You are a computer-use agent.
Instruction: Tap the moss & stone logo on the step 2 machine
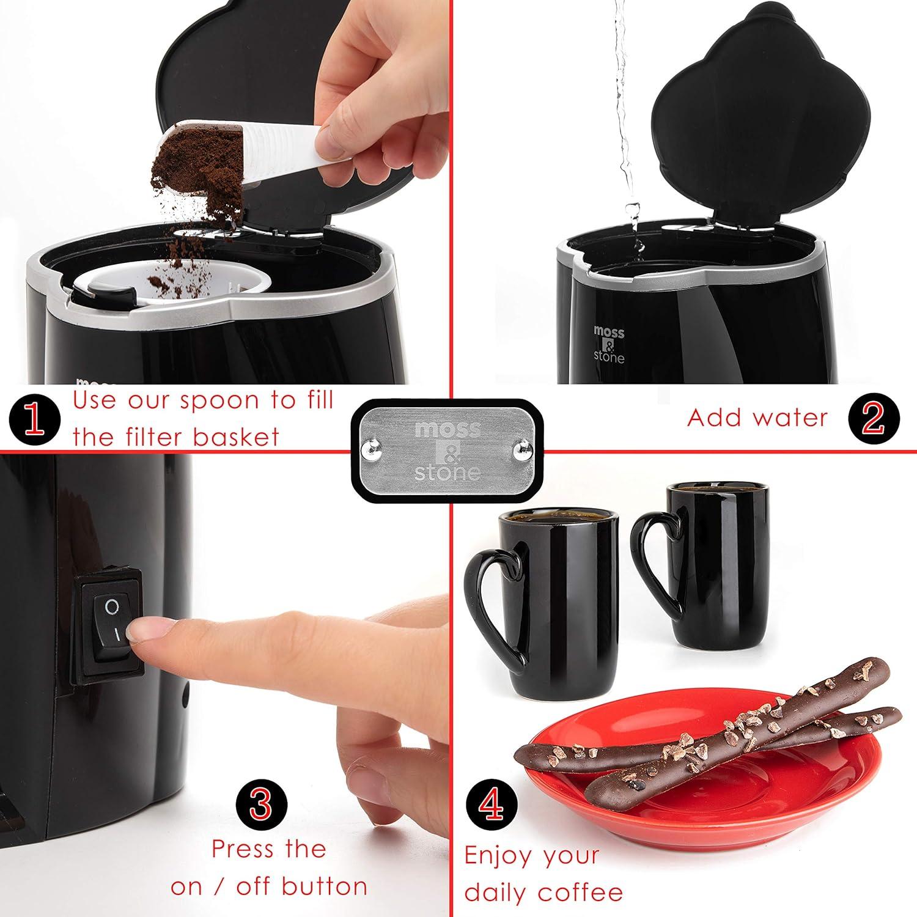609,345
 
